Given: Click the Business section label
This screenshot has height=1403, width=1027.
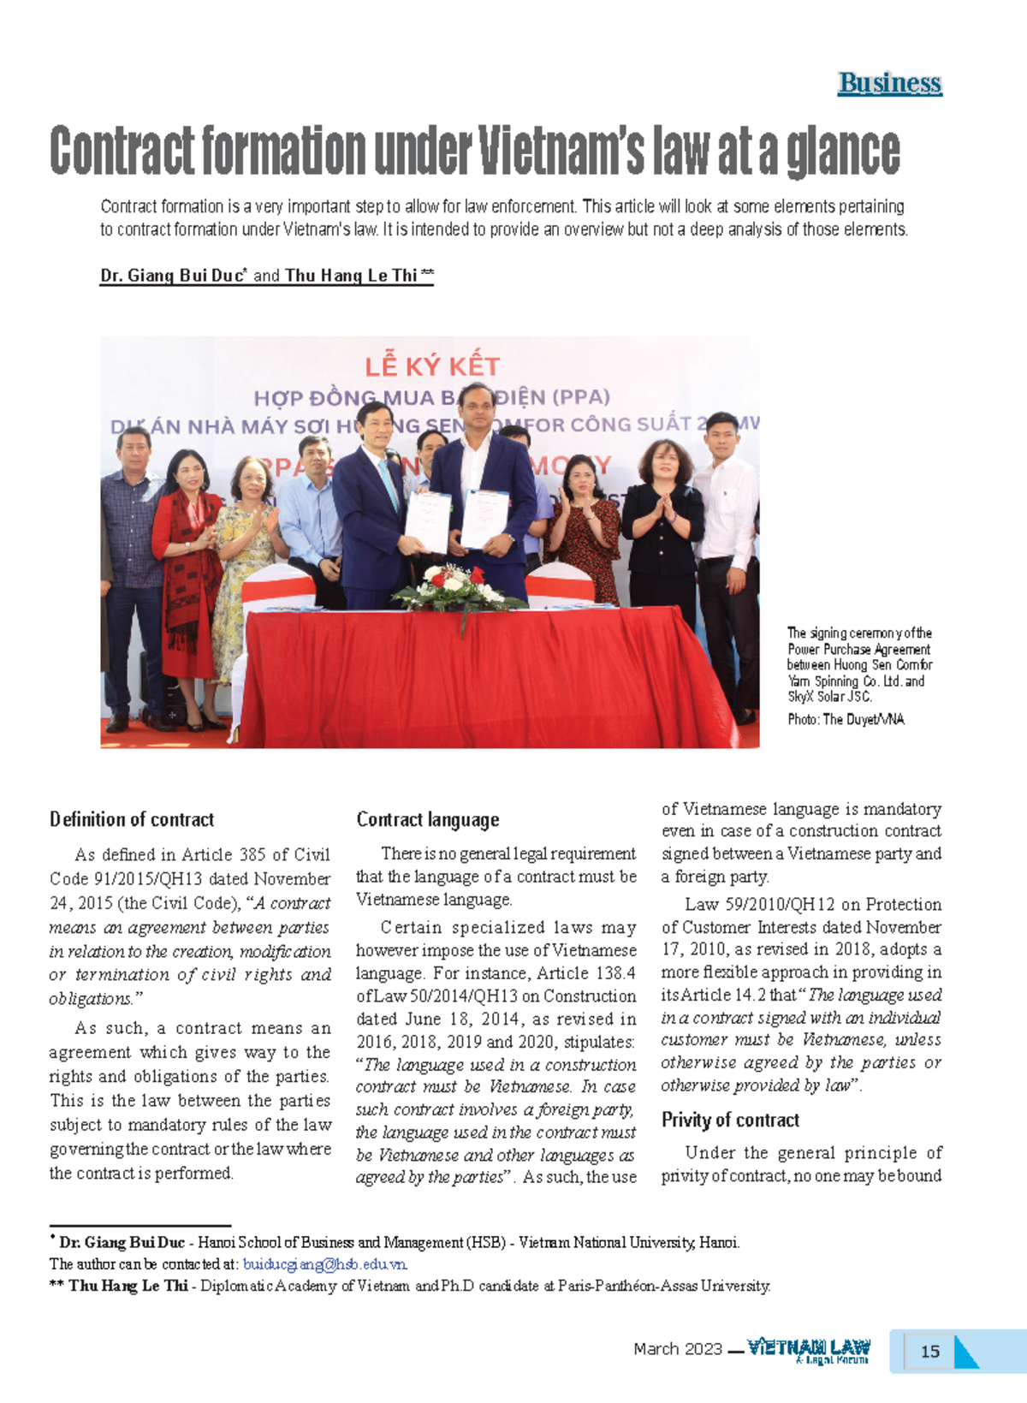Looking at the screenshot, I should click(x=889, y=83).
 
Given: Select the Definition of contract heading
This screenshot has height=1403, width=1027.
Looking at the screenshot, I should click(x=132, y=819).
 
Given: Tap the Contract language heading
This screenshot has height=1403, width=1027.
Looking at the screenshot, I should click(x=427, y=819).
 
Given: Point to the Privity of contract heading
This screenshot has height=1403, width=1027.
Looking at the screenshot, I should click(x=730, y=1120).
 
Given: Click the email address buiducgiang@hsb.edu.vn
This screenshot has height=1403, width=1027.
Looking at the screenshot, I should click(x=325, y=1263).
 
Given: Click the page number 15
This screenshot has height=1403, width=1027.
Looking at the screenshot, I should click(x=929, y=1351).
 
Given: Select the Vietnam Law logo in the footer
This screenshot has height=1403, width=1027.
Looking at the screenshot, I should click(x=808, y=1350).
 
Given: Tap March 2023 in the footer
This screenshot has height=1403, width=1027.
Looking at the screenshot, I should click(x=678, y=1349).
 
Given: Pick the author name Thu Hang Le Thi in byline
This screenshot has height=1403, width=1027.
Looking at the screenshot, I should click(x=351, y=276).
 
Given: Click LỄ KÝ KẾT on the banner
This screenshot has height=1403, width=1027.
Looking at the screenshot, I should click(x=432, y=367).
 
